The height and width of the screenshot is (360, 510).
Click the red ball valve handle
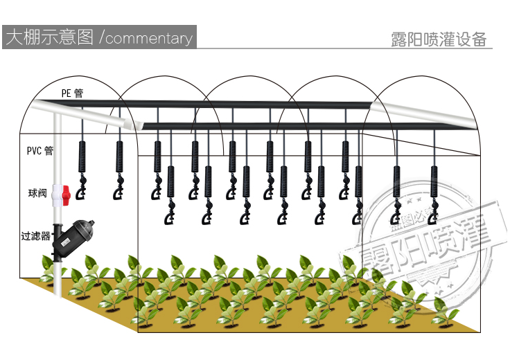point(67,195)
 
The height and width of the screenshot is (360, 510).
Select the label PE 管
point(71,93)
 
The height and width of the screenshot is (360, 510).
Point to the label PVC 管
point(39,150)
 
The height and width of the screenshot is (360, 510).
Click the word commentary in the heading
point(149,38)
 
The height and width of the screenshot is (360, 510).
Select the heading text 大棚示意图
point(49,37)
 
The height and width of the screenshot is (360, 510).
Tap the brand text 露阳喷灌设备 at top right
point(439,39)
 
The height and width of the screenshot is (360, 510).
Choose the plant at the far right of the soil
point(443,315)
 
